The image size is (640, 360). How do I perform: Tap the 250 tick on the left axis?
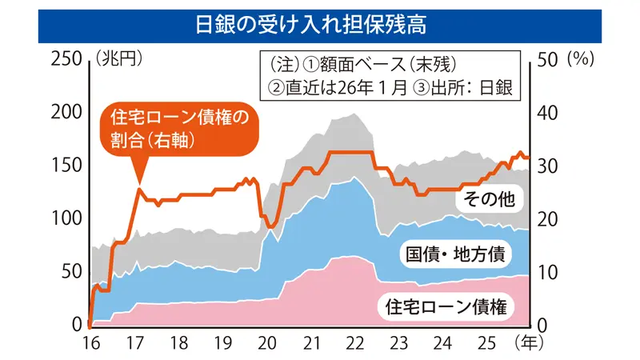click(x=65, y=58)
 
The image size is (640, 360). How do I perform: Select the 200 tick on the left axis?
click(x=65, y=112)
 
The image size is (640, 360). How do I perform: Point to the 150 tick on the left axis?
click(x=65, y=166)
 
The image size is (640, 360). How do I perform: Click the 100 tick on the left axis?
click(x=65, y=218)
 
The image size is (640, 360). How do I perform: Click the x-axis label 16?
click(x=90, y=343)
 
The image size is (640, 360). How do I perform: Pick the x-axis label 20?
click(x=267, y=343)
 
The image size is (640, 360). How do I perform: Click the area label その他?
click(x=489, y=198)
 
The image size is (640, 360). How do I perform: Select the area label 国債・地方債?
click(x=454, y=254)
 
